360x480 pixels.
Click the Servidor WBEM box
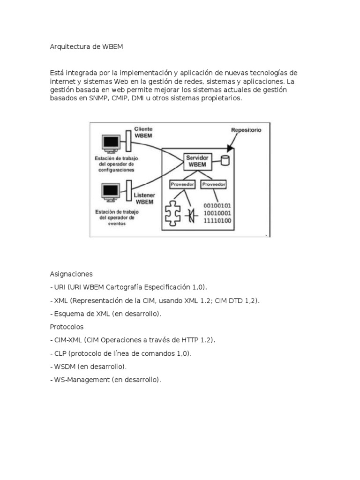point(197,161)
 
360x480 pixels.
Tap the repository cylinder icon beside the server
point(225,160)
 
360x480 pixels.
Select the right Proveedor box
point(214,185)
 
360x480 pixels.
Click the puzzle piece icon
point(172,213)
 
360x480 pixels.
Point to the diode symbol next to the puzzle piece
point(190,215)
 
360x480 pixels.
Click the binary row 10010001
point(217,213)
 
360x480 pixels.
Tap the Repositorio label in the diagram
point(246,129)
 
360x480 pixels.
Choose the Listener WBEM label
point(144,198)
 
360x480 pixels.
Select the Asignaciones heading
point(71,274)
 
